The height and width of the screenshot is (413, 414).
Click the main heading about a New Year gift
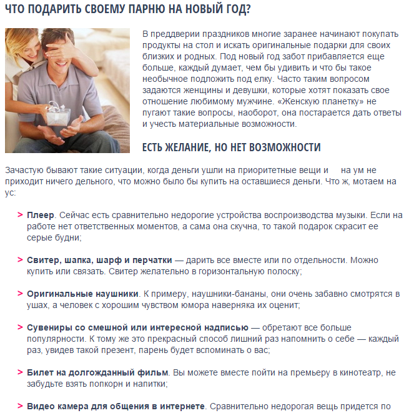click(128, 10)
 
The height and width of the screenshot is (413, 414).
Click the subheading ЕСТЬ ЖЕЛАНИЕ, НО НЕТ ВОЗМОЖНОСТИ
click(232, 147)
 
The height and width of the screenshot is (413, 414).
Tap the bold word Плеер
click(41, 215)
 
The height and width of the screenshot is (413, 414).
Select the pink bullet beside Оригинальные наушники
click(20, 294)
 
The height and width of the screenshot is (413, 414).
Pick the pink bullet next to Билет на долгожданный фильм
click(20, 373)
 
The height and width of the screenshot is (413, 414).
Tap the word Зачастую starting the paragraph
click(25, 170)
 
